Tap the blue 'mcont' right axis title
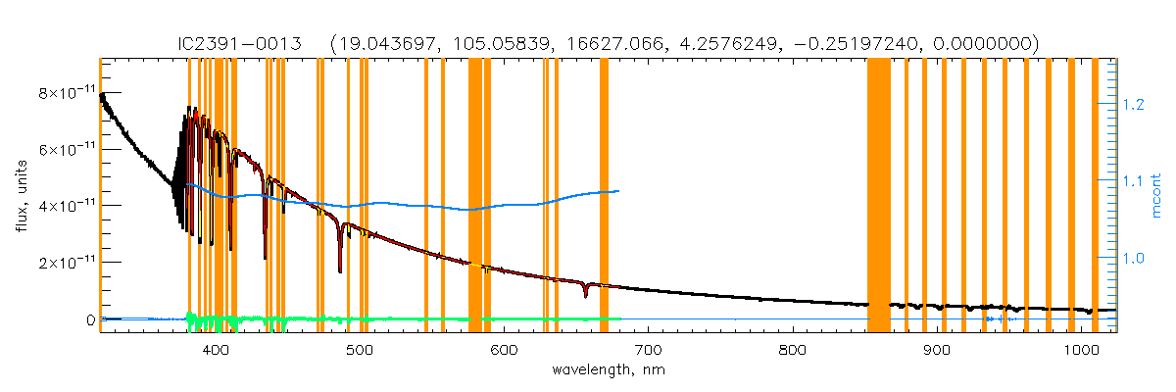(1156, 195)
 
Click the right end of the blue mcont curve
(617, 191)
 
